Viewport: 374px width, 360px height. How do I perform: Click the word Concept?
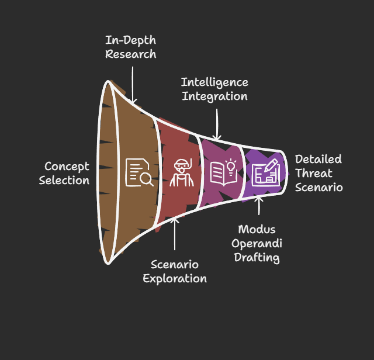click(x=67, y=167)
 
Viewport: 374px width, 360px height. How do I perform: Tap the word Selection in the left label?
click(x=64, y=180)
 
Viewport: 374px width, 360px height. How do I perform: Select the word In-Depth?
click(x=130, y=40)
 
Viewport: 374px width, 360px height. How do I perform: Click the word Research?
click(x=130, y=54)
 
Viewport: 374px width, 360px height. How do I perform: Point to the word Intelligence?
click(x=214, y=82)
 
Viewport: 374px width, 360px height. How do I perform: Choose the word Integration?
click(x=214, y=96)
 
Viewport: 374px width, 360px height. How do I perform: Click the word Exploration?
click(x=175, y=278)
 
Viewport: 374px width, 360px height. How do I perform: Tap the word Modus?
click(x=257, y=229)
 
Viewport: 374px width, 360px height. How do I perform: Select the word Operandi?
click(x=257, y=243)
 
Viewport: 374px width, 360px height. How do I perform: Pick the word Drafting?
click(x=257, y=257)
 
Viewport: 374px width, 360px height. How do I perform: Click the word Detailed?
click(x=318, y=159)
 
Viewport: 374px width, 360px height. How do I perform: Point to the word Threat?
click(x=314, y=173)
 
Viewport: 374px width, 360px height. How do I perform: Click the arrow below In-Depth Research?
click(x=133, y=85)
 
